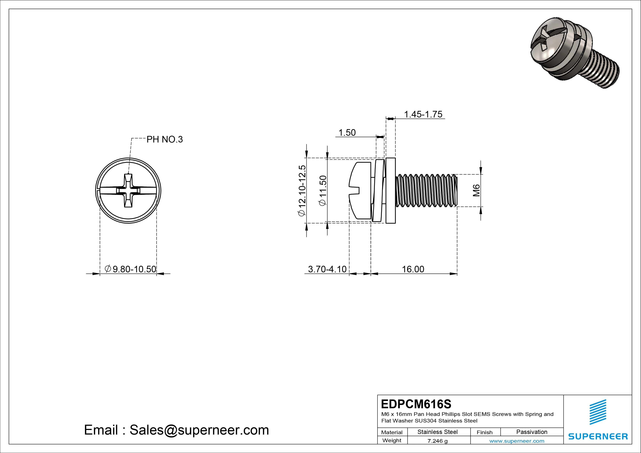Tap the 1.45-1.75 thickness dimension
coord(423,114)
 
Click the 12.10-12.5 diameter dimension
coord(302,190)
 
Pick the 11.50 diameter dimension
coord(323,190)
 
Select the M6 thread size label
coord(476,190)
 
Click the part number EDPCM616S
coord(416,404)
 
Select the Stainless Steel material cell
coord(437,432)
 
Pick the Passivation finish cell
coord(532,432)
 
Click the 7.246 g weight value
coord(437,441)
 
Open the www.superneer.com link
coord(517,441)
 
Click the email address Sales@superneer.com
coord(199,430)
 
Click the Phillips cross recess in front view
coord(128,191)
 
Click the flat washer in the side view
coord(390,191)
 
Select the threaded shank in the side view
coord(426,191)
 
